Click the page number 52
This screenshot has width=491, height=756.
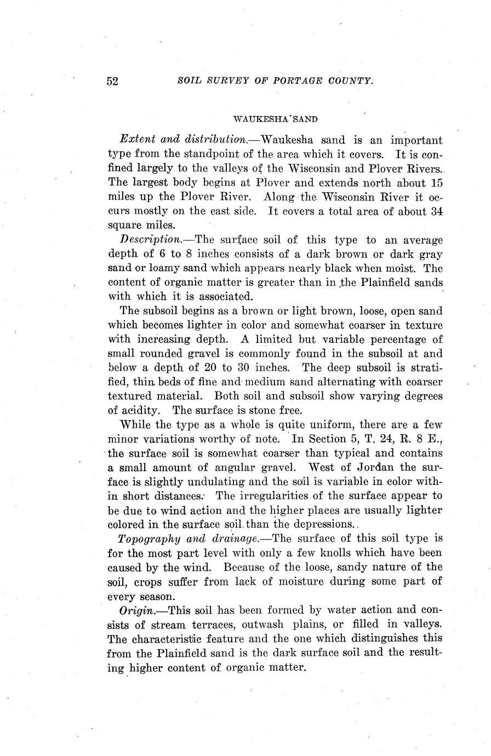[x=112, y=81]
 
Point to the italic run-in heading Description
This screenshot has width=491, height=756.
[x=150, y=239]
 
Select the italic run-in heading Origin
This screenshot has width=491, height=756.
[x=135, y=610]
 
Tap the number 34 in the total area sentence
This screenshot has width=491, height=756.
[x=436, y=211]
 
